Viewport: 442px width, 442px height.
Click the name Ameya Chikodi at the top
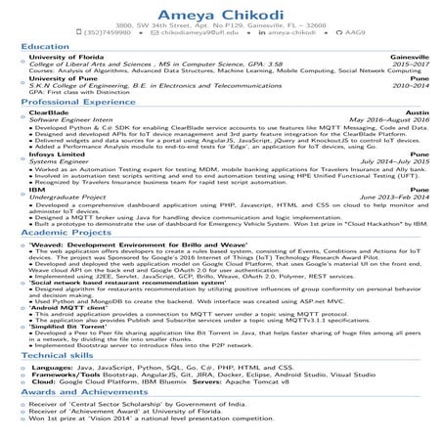coord(220,10)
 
